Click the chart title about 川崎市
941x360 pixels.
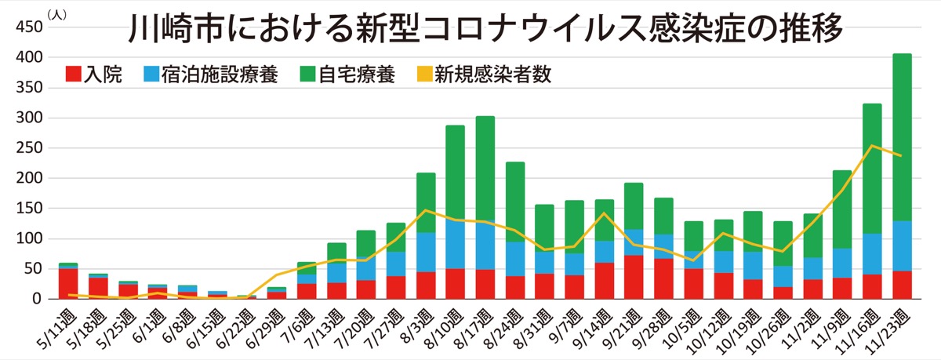pos(486,31)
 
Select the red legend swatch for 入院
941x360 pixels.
pos(74,74)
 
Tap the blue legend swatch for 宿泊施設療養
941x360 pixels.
pos(151,74)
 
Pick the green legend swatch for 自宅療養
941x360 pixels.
pos(308,74)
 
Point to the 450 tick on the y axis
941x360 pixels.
pos(29,27)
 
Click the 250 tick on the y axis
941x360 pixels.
pos(29,148)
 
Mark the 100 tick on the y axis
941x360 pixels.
pos(29,238)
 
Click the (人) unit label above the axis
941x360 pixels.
pos(56,13)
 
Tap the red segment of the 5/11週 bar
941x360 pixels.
pos(68,283)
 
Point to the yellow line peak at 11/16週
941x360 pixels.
pos(872,146)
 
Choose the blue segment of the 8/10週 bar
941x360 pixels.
pos(456,244)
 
